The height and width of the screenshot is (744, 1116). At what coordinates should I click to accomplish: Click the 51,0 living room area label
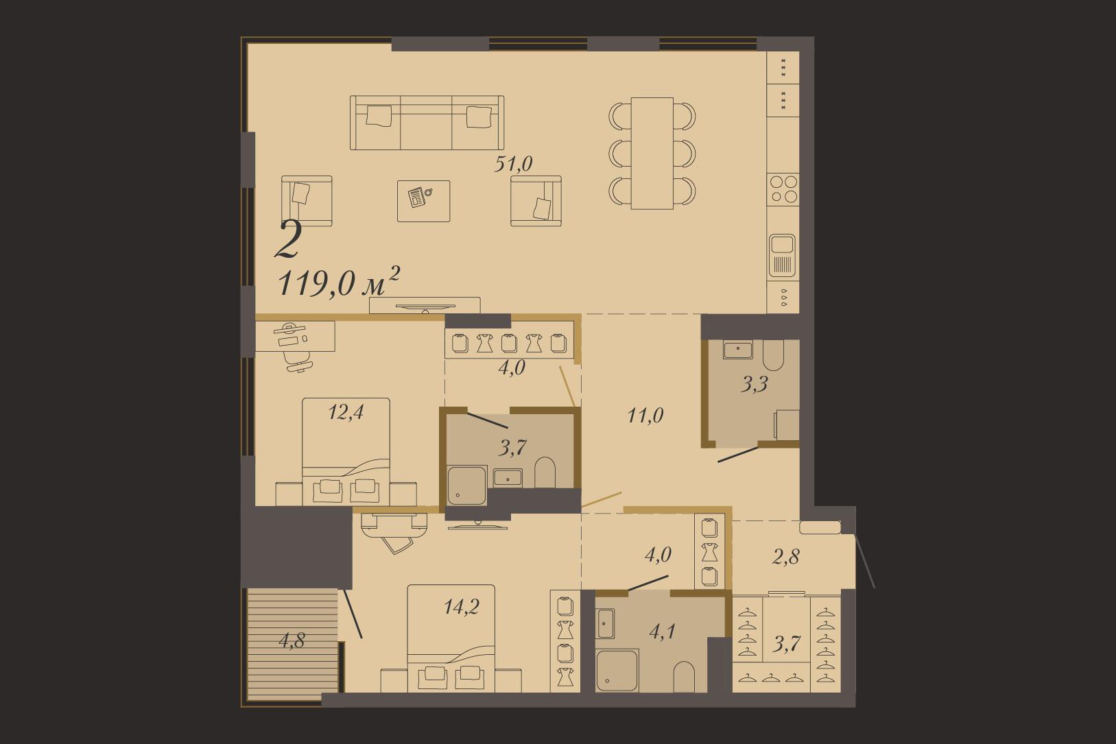(513, 164)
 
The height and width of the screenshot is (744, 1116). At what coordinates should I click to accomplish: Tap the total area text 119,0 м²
(339, 283)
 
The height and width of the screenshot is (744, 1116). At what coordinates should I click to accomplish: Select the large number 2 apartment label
(288, 240)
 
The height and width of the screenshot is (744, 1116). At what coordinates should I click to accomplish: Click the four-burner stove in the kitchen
(783, 189)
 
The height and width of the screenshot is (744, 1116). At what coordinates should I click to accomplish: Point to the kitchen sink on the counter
(783, 255)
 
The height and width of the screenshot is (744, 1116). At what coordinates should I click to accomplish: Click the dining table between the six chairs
(652, 154)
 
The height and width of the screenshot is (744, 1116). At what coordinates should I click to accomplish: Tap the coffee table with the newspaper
(423, 201)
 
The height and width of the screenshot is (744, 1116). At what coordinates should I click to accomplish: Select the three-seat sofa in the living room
(427, 123)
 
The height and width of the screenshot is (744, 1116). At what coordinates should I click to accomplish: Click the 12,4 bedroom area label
(346, 412)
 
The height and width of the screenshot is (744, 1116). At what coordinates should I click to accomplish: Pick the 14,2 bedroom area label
(462, 607)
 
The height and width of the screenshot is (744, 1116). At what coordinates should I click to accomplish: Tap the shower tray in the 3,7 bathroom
(467, 485)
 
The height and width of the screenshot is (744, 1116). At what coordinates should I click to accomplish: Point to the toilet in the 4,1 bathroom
(683, 677)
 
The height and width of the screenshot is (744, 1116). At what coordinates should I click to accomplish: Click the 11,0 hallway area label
(645, 415)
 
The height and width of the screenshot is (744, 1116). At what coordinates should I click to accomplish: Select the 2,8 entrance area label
(785, 557)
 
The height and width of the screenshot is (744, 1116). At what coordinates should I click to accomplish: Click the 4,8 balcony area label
(292, 641)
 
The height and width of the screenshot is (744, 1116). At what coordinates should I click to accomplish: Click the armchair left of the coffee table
(307, 201)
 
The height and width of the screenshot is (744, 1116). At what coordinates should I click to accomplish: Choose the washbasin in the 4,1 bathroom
(606, 623)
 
